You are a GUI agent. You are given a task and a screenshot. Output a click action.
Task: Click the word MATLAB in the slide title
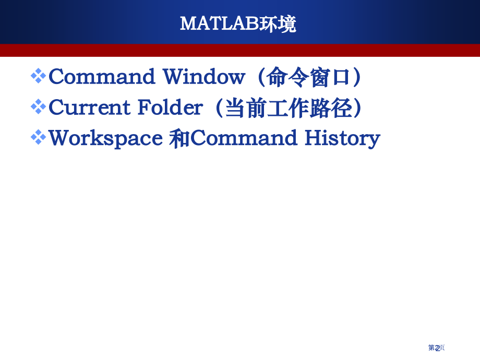pyautogui.click(x=219, y=23)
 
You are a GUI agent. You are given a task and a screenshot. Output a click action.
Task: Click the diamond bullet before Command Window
pyautogui.click(x=39, y=76)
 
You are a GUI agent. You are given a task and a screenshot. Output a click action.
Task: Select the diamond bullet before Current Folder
pyautogui.click(x=39, y=107)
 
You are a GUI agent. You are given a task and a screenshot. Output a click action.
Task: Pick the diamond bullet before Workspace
pyautogui.click(x=39, y=138)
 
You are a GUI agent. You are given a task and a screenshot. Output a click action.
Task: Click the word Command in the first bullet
pyautogui.click(x=102, y=77)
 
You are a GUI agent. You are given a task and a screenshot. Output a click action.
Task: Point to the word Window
pyautogui.click(x=203, y=77)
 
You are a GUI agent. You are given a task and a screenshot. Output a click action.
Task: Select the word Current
pyautogui.click(x=89, y=107)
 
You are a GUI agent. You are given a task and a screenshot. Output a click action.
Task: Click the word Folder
pyautogui.click(x=170, y=107)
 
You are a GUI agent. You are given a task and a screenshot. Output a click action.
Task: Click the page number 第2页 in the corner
pyautogui.click(x=436, y=347)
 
